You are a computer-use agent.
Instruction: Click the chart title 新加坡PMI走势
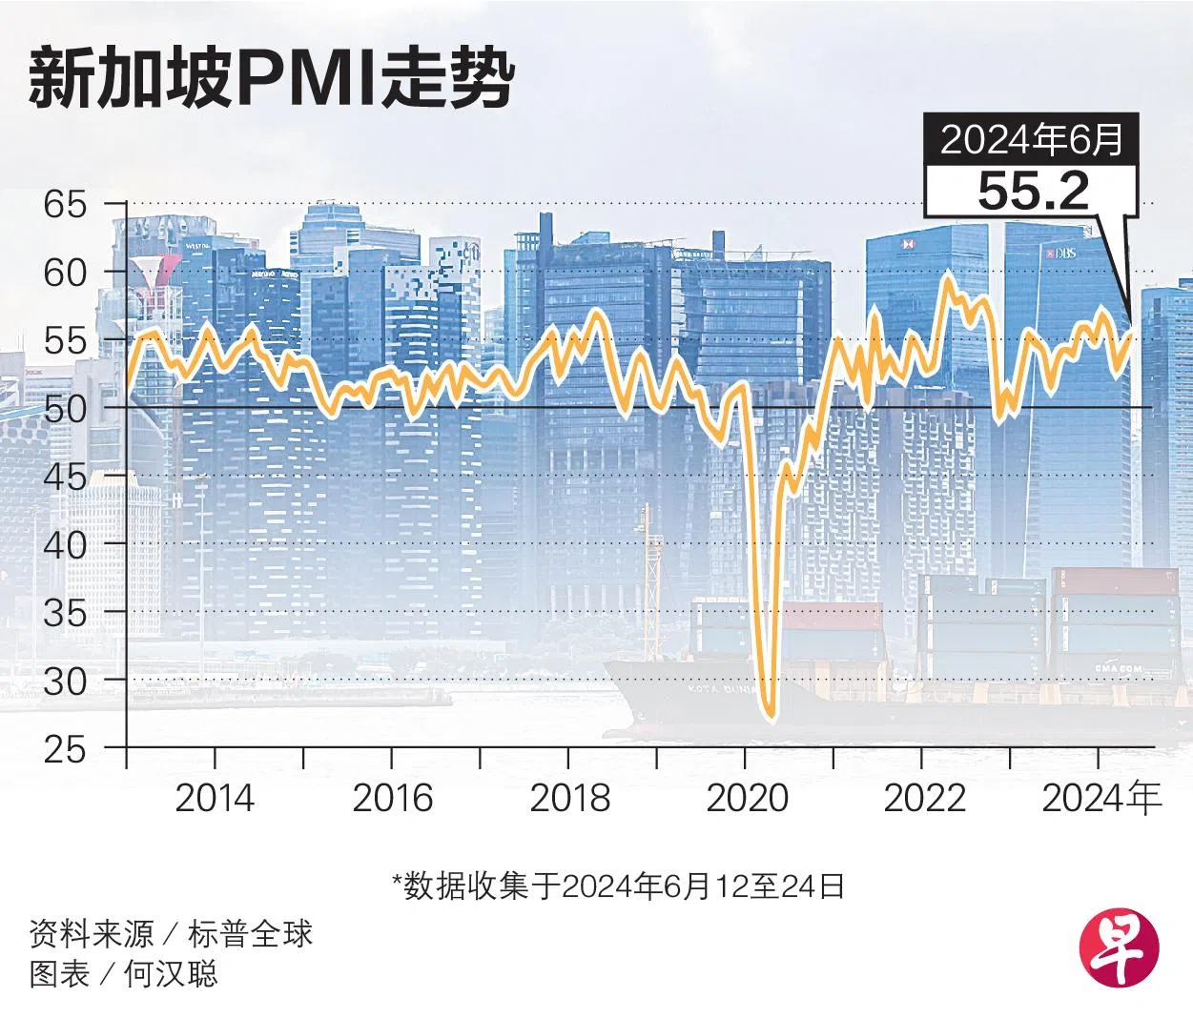click(x=271, y=81)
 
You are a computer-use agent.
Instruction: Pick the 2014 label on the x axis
click(x=215, y=798)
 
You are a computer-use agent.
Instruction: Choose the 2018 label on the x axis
click(x=569, y=798)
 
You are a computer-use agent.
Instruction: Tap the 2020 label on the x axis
click(x=747, y=798)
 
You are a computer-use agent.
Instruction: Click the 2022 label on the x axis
click(x=923, y=798)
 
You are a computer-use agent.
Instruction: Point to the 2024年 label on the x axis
click(x=1102, y=798)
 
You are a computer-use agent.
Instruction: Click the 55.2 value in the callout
click(x=1033, y=192)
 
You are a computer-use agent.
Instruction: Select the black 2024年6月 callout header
click(x=1032, y=141)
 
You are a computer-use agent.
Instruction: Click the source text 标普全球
click(x=250, y=934)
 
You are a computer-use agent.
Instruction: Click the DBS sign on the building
click(x=1059, y=254)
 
